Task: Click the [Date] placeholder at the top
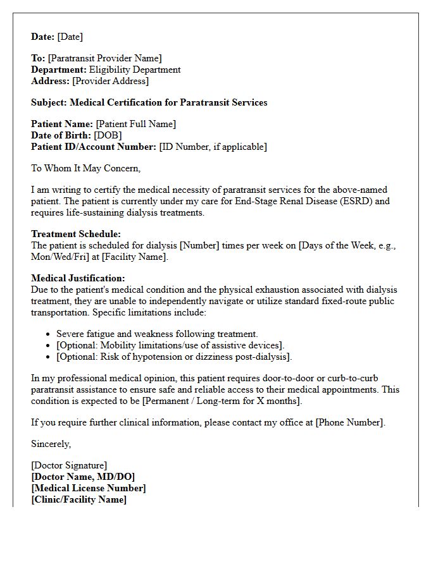point(70,37)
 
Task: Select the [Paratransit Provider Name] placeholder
point(104,59)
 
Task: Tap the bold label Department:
point(59,70)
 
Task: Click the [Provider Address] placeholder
point(111,81)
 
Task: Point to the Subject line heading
point(149,102)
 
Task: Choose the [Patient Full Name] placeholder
point(135,124)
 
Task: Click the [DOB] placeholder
point(108,135)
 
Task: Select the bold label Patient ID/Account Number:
point(94,147)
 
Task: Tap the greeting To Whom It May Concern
point(85,168)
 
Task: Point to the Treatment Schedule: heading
point(76,234)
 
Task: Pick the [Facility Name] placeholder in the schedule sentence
point(134,257)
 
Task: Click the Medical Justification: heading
point(78,278)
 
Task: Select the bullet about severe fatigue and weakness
point(157,334)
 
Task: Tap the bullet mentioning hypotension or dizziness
point(174,357)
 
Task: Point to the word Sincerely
point(51,444)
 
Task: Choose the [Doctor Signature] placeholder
point(69,466)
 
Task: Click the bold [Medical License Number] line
point(89,488)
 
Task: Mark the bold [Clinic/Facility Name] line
point(79,499)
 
